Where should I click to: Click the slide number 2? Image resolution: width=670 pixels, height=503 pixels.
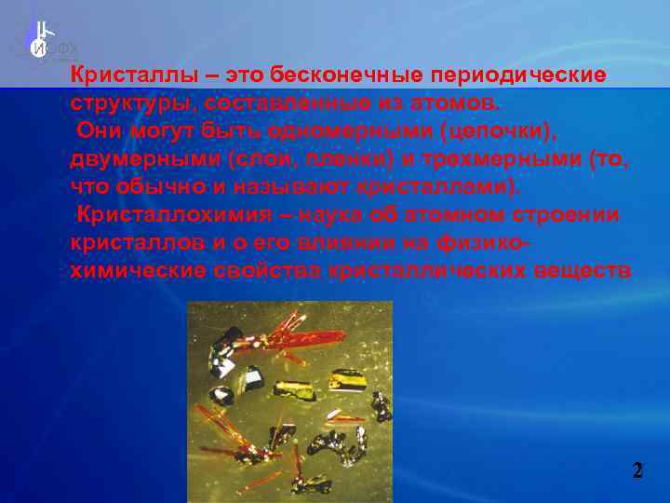pyautogui.click(x=637, y=470)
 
